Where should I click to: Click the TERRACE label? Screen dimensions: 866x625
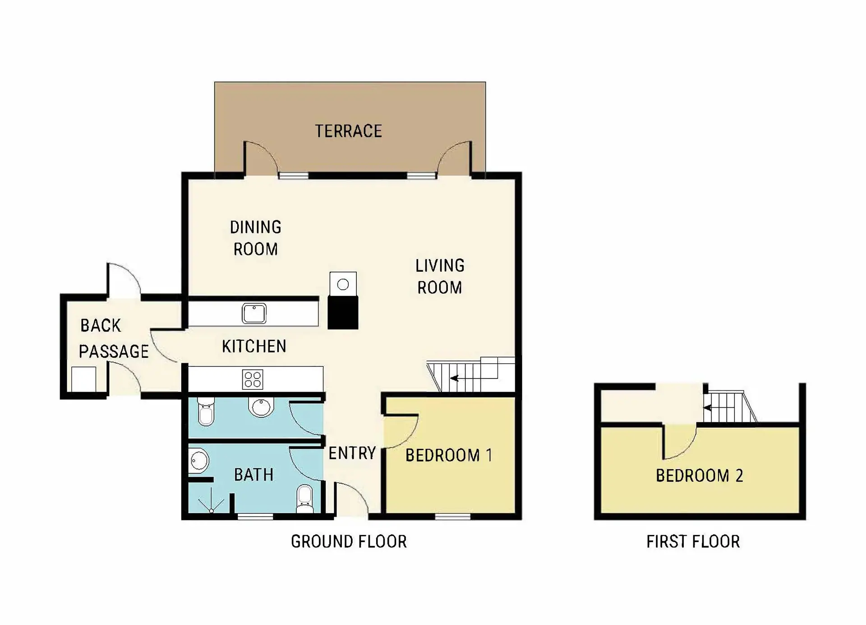click(348, 131)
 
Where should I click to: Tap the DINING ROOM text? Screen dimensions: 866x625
click(256, 238)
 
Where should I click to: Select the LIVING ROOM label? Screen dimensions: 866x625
click(440, 276)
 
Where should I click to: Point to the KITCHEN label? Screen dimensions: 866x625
click(254, 346)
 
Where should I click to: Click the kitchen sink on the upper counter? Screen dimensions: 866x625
click(254, 313)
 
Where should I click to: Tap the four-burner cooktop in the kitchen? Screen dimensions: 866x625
click(253, 379)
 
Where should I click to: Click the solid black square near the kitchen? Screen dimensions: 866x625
click(343, 312)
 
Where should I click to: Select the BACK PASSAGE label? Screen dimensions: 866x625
click(114, 338)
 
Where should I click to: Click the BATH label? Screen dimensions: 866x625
click(253, 474)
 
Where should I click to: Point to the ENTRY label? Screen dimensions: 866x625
click(352, 453)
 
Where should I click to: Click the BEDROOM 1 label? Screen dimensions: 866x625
click(449, 455)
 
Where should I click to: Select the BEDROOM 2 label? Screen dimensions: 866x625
click(699, 475)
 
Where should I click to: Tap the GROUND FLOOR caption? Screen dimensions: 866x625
click(349, 541)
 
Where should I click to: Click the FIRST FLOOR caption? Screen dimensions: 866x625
click(693, 541)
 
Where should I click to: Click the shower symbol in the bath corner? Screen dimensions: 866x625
click(211, 503)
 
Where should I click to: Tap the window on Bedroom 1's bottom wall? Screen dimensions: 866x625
click(453, 516)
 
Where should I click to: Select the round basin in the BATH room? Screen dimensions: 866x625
click(199, 461)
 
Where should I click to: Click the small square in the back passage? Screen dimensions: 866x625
click(84, 379)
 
